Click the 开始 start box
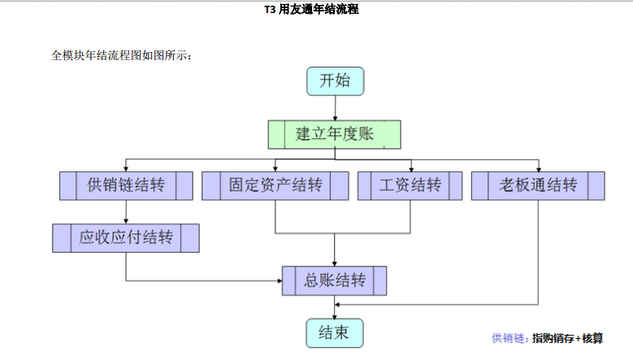(335, 81)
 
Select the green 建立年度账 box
(334, 134)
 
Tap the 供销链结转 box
(126, 186)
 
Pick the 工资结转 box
(410, 186)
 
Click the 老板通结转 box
(538, 186)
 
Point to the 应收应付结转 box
(126, 238)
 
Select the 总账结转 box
(334, 281)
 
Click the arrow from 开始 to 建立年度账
(335, 109)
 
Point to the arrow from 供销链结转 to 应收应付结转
(126, 212)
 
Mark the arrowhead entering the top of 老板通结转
(538, 168)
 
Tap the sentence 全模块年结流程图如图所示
(122, 55)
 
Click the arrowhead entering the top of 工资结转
(410, 168)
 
